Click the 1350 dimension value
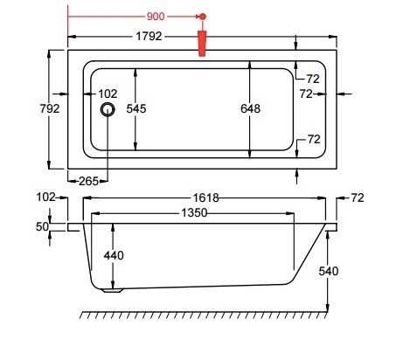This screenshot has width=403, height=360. coord(200,214)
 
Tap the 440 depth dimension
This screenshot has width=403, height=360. coord(113,256)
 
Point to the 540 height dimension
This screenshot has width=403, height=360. coord(328,272)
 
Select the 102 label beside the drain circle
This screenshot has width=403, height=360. coord(108,93)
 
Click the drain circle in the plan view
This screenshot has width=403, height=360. coord(108,109)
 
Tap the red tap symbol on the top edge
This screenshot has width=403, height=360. coord(203,43)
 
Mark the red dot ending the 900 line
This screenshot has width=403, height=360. coord(203,17)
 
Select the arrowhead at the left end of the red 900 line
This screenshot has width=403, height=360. coord(71,17)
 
